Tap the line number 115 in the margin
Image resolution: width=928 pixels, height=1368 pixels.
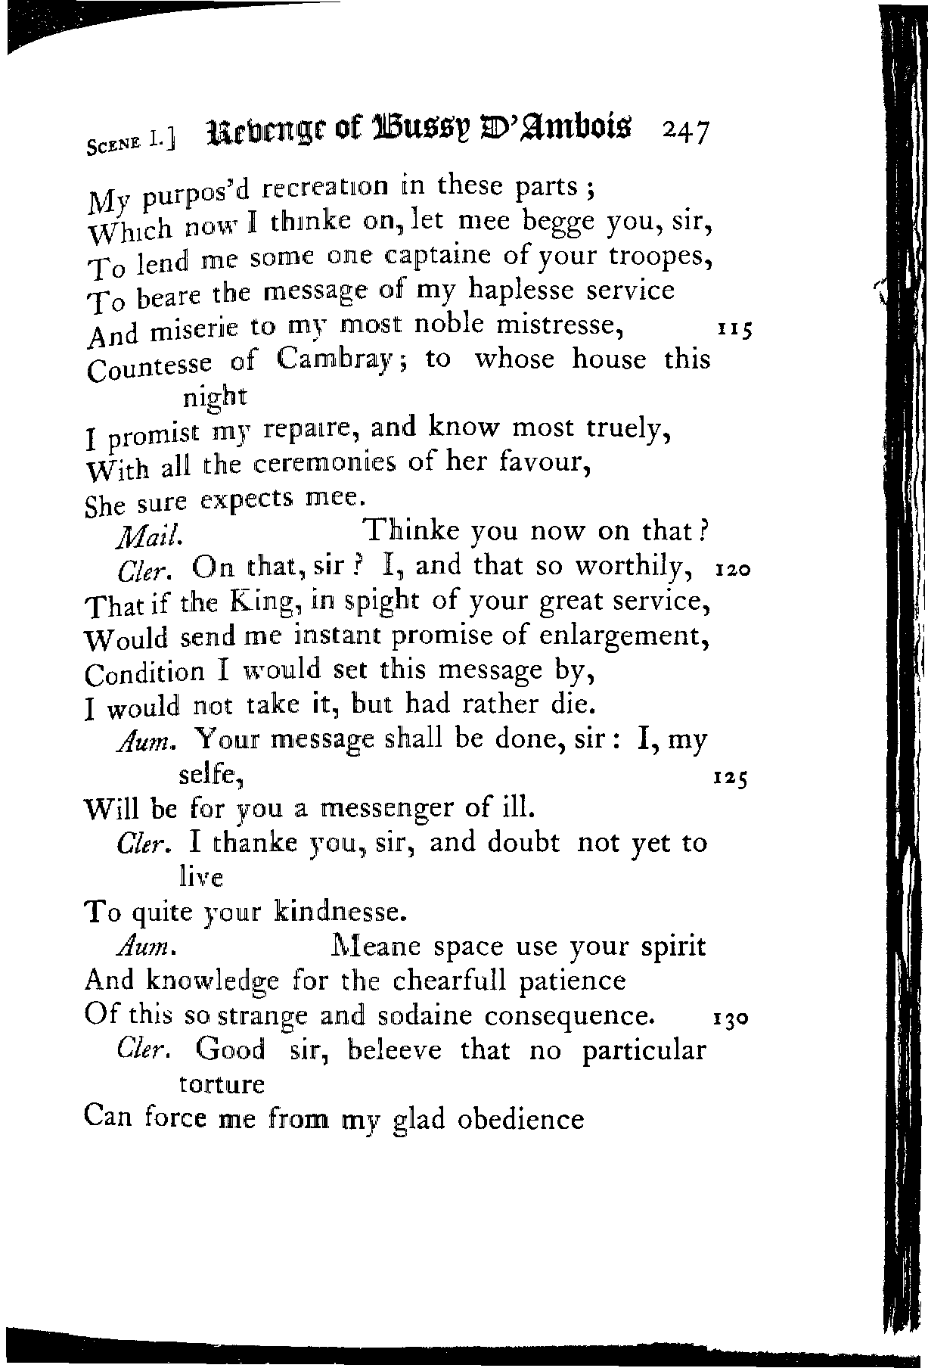734,330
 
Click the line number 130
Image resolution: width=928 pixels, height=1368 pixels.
731,1018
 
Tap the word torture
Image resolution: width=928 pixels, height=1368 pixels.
222,1084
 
